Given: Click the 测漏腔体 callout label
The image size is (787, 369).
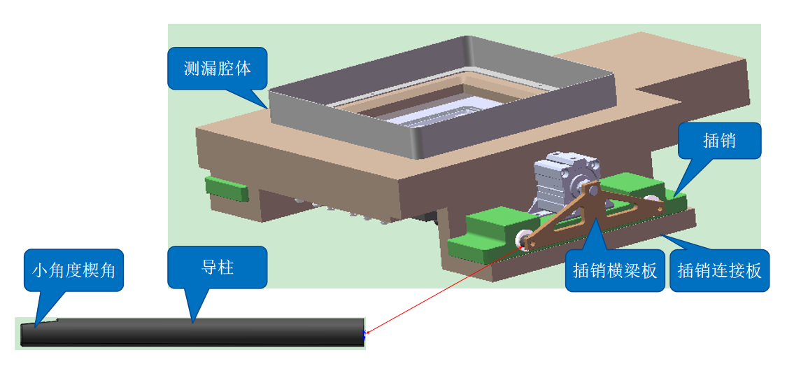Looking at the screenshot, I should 217,68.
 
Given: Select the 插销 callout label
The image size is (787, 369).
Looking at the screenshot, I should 719,141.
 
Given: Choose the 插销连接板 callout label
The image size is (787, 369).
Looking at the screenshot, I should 719,270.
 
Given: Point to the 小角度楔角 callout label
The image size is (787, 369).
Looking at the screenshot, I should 73,270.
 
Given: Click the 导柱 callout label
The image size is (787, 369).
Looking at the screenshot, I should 217,267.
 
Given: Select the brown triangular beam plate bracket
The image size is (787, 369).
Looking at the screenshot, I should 574,214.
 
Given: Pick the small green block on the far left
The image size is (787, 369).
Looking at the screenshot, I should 225,188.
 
